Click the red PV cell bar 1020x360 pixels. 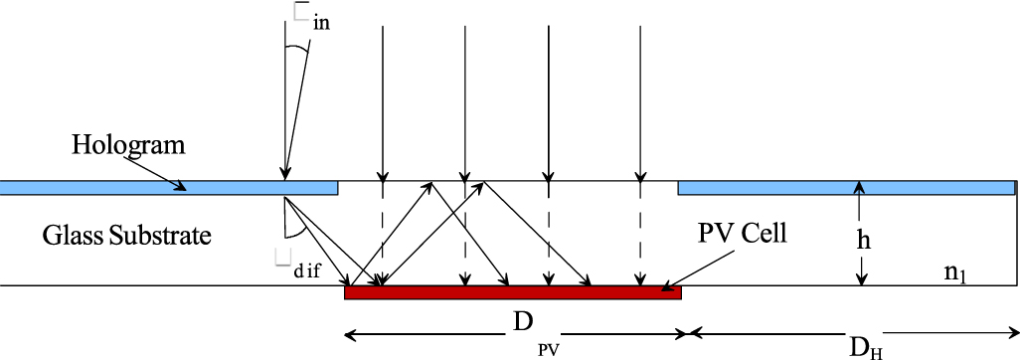512,292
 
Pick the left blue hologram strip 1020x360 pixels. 169,187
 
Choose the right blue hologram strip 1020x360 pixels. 845,187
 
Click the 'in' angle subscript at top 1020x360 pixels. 321,22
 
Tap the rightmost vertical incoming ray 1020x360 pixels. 641,99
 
